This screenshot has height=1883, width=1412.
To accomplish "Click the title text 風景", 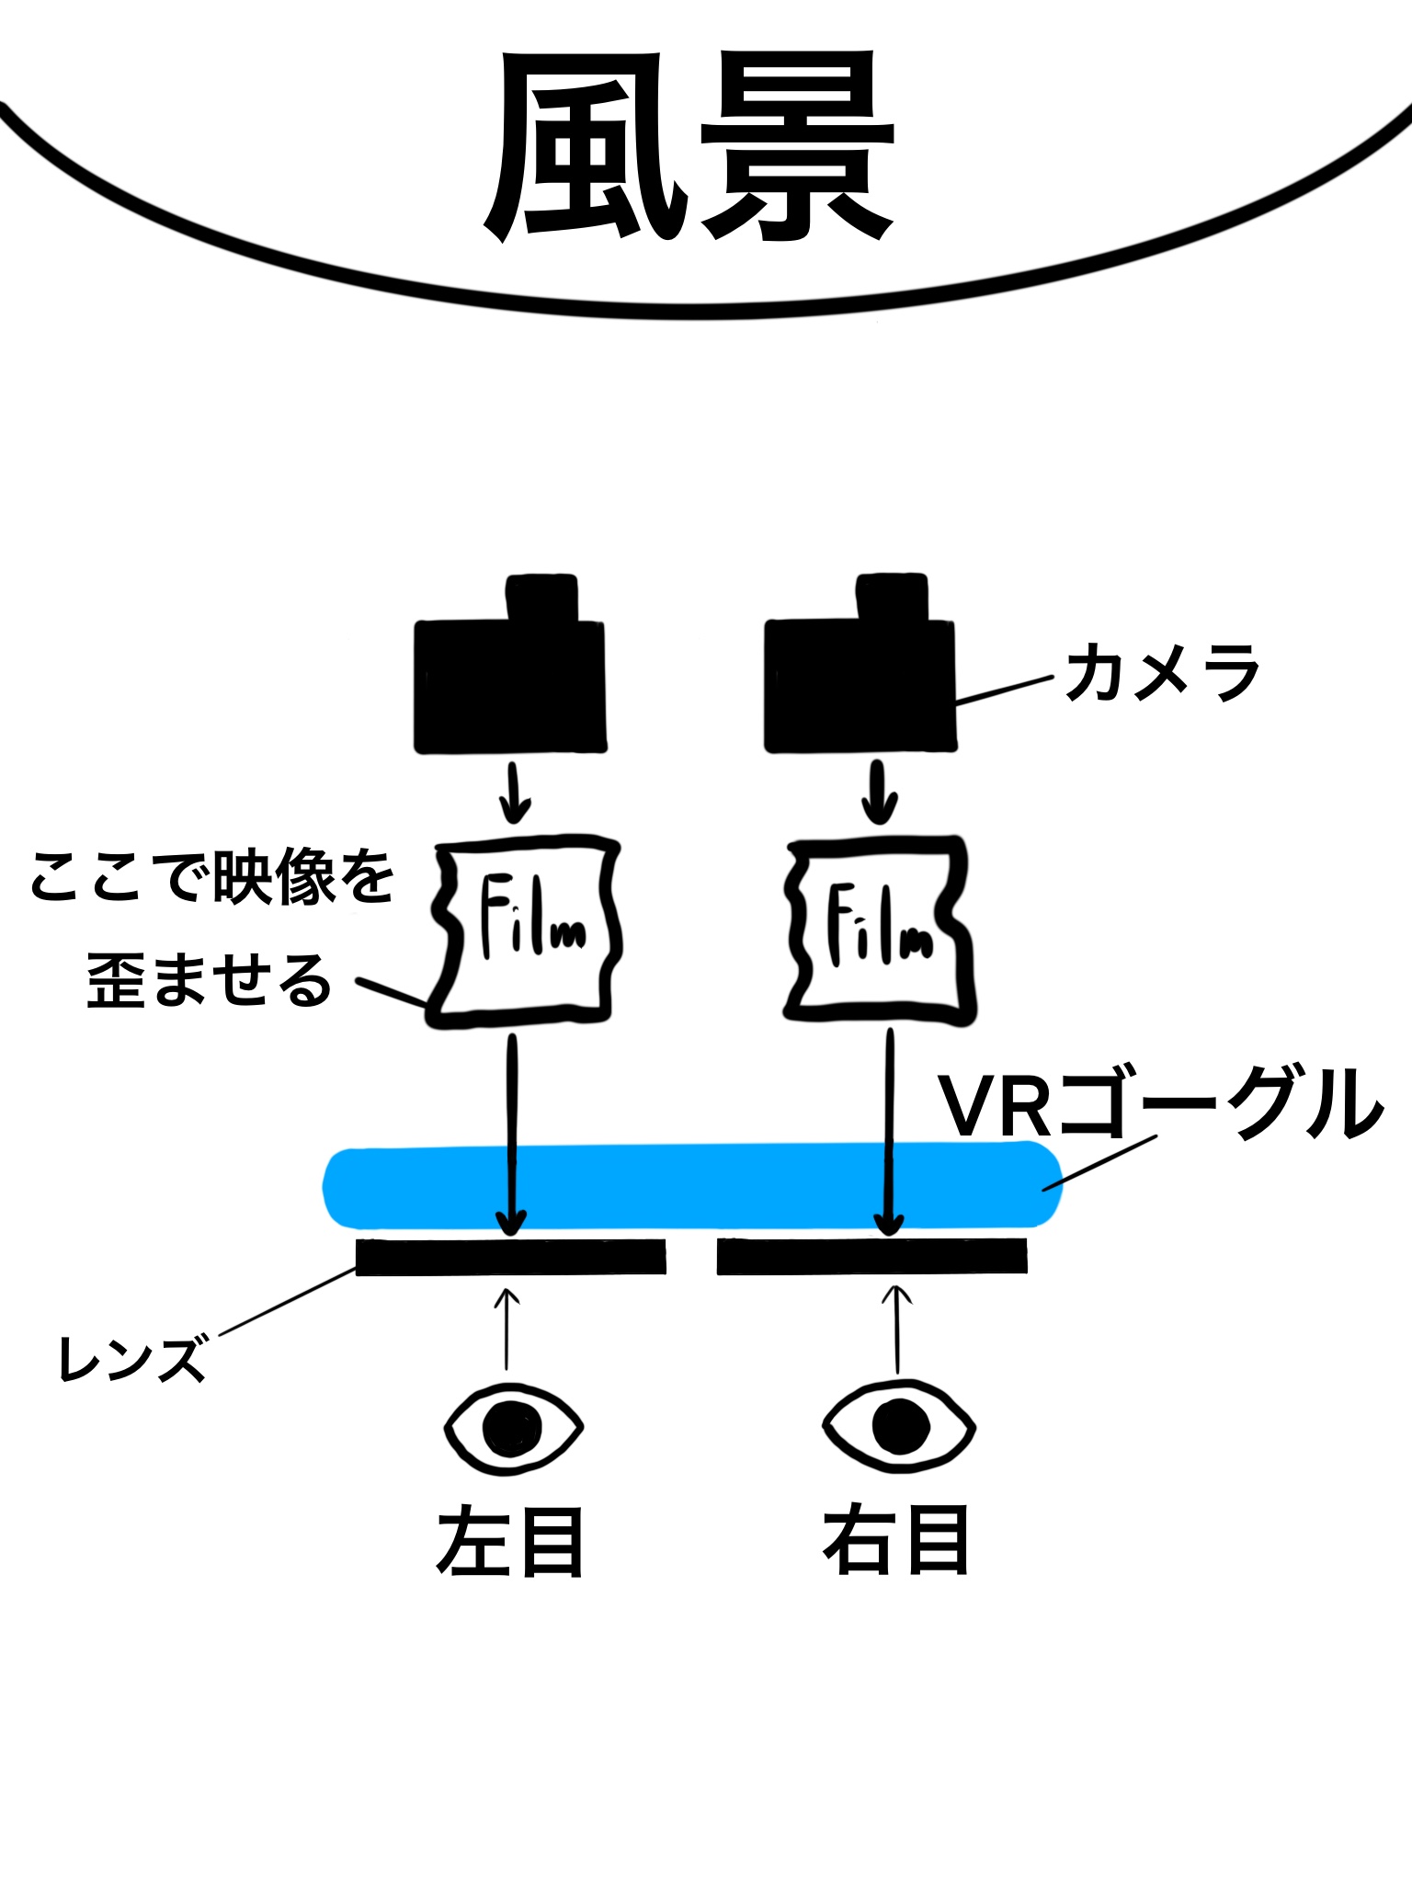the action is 689,147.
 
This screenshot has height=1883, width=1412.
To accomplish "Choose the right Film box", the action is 878,930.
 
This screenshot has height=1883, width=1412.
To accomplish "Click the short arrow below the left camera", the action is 515,792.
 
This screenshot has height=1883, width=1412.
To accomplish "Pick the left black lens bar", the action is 511,1257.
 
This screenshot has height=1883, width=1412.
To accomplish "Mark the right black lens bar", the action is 871,1256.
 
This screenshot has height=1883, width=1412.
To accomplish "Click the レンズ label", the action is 132,1360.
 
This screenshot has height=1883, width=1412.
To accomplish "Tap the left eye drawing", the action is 513,1429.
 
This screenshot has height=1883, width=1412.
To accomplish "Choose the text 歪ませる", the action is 210,980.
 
